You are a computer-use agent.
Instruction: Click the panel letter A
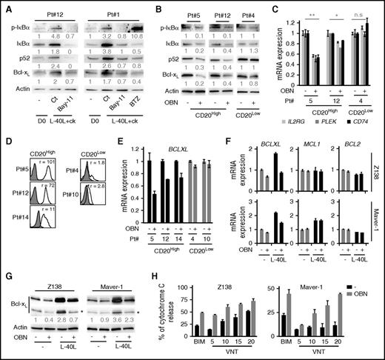click(5, 6)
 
